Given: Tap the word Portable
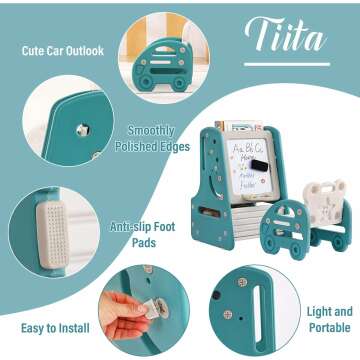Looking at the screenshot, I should click(x=330, y=327).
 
